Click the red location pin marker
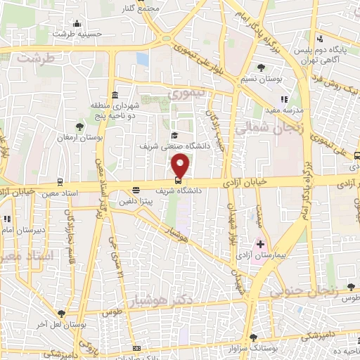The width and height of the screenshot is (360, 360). pos(181,166)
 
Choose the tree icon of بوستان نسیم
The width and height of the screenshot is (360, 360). pos(262,67)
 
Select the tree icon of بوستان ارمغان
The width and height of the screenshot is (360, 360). pos(79,127)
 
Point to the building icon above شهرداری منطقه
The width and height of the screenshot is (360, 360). pos(115,96)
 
